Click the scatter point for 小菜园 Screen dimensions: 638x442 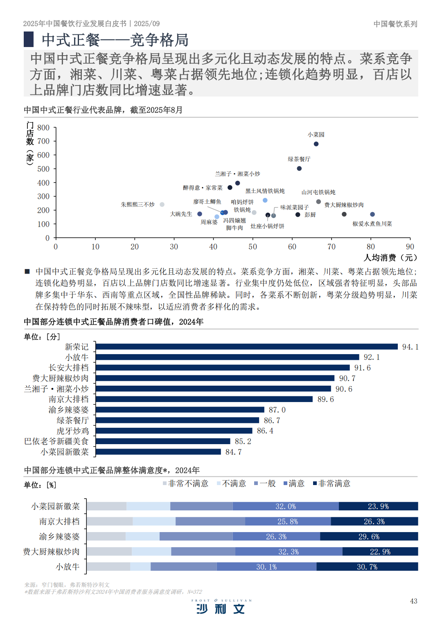pyautogui.click(x=316, y=144)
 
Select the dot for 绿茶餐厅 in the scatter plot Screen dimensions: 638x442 pyautogui.click(x=299, y=168)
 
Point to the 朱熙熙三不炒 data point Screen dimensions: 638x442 pyautogui.click(x=162, y=204)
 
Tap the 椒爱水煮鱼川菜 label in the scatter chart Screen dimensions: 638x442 pyautogui.click(x=372, y=224)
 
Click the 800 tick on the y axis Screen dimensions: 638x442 pyautogui.click(x=43, y=128)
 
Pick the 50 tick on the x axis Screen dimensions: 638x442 pyautogui.click(x=253, y=247)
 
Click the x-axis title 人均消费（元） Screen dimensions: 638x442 pyautogui.click(x=390, y=258)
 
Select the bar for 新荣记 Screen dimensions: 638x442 pyautogui.click(x=246, y=347)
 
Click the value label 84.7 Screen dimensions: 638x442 pyautogui.click(x=234, y=452)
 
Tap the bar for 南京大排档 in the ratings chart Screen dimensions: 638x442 pyautogui.click(x=204, y=399)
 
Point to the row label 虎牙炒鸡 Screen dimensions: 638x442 pyautogui.click(x=72, y=431)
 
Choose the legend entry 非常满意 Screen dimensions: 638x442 pyautogui.click(x=332, y=483)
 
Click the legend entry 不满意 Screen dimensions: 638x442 pyautogui.click(x=232, y=483)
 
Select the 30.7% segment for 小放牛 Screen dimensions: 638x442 pyautogui.click(x=367, y=567)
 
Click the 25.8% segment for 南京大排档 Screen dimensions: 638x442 pyautogui.click(x=288, y=521)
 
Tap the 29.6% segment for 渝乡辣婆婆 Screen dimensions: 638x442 pyautogui.click(x=369, y=537)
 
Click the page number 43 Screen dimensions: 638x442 pyautogui.click(x=413, y=601)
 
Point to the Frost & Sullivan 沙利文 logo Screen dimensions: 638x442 pyautogui.click(x=221, y=607)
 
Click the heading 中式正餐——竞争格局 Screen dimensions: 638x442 pyautogui.click(x=115, y=40)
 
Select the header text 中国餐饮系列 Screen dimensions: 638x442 pyautogui.click(x=395, y=24)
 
